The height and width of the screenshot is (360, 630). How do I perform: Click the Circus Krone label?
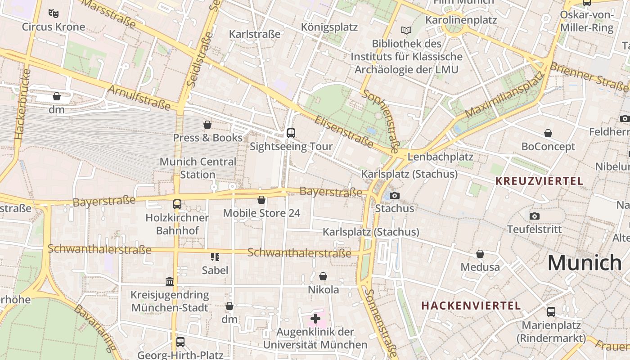click(54, 27)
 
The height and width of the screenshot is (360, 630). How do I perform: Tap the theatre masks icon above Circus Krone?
click(54, 13)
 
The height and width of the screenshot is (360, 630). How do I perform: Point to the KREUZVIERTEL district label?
click(539, 181)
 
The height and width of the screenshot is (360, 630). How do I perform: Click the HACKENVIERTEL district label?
click(471, 306)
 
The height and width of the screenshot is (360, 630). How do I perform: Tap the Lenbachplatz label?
click(440, 157)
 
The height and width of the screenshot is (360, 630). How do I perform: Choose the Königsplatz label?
click(329, 27)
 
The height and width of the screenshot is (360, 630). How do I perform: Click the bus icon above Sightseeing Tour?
click(291, 133)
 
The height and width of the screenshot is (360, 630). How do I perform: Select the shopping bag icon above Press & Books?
click(207, 124)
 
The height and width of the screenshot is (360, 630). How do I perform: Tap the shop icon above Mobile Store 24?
click(261, 200)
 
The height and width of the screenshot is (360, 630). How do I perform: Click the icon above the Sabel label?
click(215, 257)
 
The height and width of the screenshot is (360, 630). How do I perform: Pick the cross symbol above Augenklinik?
click(315, 319)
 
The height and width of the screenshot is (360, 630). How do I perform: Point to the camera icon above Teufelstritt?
click(535, 216)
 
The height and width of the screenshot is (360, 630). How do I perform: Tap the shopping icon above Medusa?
click(480, 254)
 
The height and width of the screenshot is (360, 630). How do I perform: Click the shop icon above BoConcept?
click(548, 133)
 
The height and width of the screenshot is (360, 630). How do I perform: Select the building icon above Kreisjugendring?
click(170, 282)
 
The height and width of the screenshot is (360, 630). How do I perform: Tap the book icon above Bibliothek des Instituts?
click(406, 30)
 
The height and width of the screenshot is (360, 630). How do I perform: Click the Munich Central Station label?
click(198, 168)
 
